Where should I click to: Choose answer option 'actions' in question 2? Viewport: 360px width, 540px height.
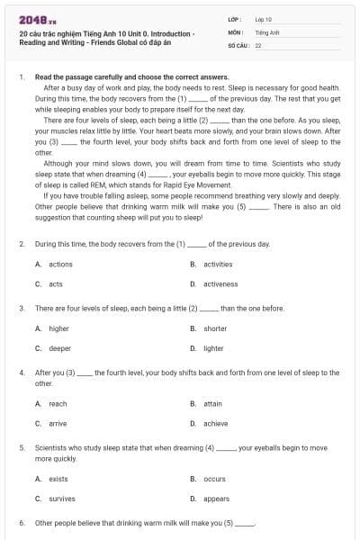click(60, 264)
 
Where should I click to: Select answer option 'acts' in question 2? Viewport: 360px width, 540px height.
click(56, 283)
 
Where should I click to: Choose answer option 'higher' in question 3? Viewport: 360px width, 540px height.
click(58, 328)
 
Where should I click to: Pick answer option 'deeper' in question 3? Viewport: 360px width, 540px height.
click(59, 348)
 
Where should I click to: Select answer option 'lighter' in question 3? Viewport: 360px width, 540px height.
click(213, 348)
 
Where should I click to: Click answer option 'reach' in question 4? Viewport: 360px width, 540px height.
click(58, 403)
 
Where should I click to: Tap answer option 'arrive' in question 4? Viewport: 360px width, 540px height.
click(58, 423)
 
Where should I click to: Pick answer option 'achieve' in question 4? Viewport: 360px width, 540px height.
click(215, 423)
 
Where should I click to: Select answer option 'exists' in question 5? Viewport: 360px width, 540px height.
click(58, 478)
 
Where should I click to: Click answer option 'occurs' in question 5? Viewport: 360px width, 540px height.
click(214, 478)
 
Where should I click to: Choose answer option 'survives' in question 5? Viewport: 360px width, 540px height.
click(61, 498)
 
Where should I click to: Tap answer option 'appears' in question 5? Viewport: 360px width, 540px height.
click(216, 498)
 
